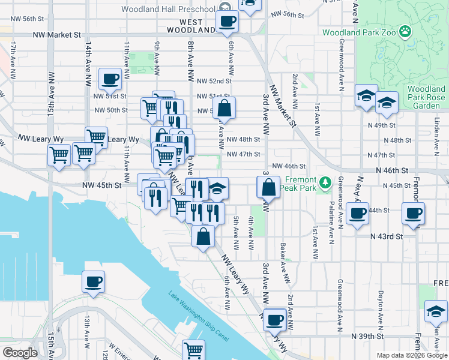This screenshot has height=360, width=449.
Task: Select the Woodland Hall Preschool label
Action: [167, 9]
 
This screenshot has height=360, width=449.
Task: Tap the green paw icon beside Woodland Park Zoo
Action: [406, 30]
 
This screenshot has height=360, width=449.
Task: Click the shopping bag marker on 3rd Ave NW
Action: [269, 187]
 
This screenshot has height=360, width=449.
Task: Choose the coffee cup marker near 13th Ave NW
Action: [92, 281]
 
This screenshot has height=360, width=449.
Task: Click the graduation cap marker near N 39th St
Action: [436, 311]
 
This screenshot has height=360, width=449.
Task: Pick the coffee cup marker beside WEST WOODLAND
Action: [227, 22]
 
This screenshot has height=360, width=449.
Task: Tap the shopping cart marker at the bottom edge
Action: [193, 350]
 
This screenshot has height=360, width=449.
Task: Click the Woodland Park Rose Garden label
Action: [426, 97]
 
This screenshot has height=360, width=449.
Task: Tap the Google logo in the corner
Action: [20, 352]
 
